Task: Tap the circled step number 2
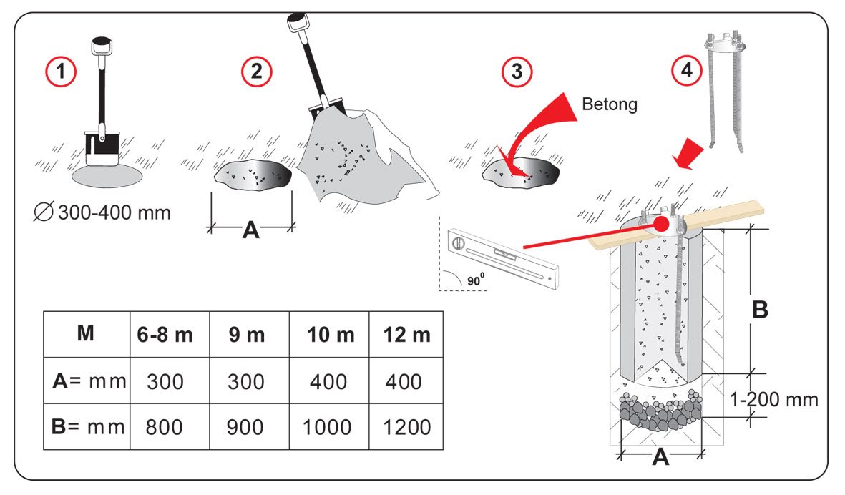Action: (255, 72)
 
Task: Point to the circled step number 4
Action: (684, 72)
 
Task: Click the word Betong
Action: (610, 104)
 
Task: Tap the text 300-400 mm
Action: (114, 212)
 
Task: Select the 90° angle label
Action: (475, 280)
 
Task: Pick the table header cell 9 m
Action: (248, 335)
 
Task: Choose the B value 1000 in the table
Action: (326, 427)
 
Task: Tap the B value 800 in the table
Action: (165, 427)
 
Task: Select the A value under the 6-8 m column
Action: (165, 381)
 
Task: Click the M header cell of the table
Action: (85, 334)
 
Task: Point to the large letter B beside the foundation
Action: (761, 309)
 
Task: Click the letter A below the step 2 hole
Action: (250, 230)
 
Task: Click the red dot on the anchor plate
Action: (663, 224)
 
